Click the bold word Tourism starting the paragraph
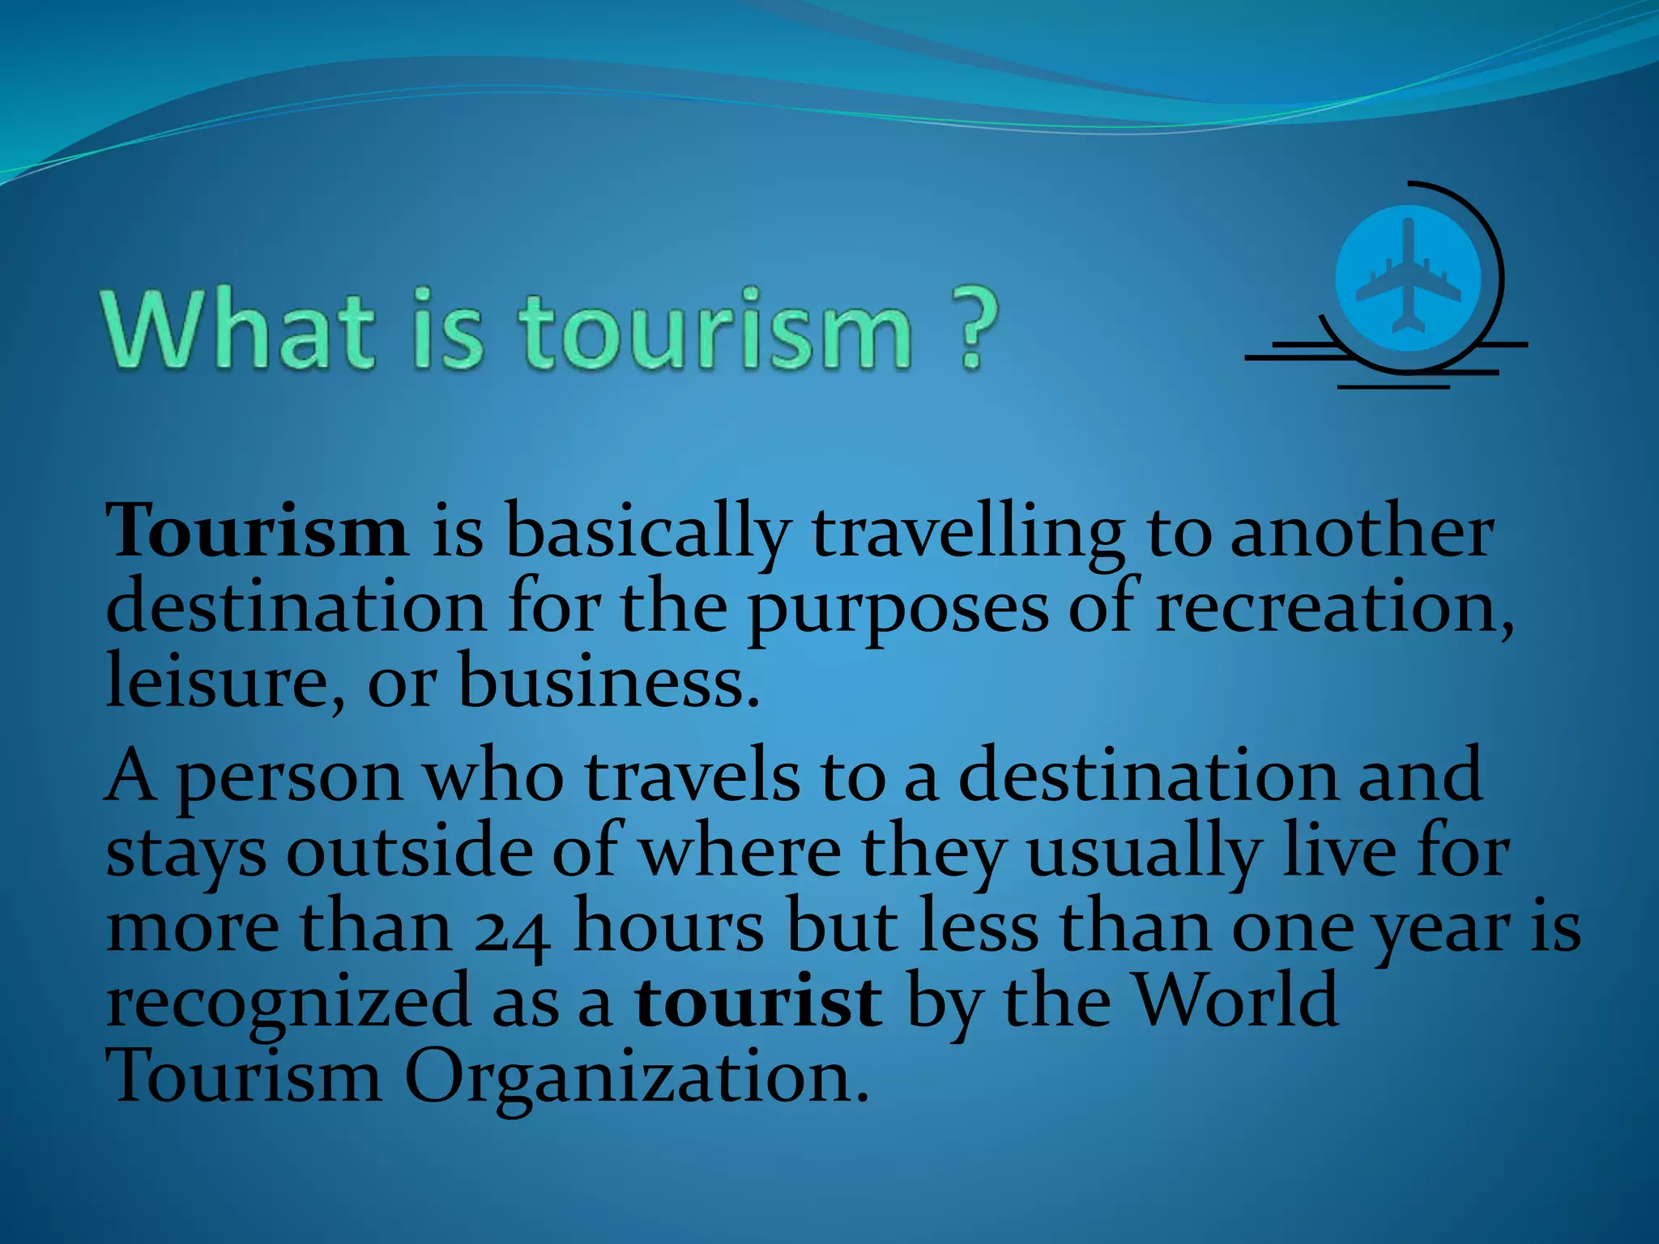tap(258, 530)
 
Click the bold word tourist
tap(758, 1001)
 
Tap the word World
tap(1235, 999)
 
